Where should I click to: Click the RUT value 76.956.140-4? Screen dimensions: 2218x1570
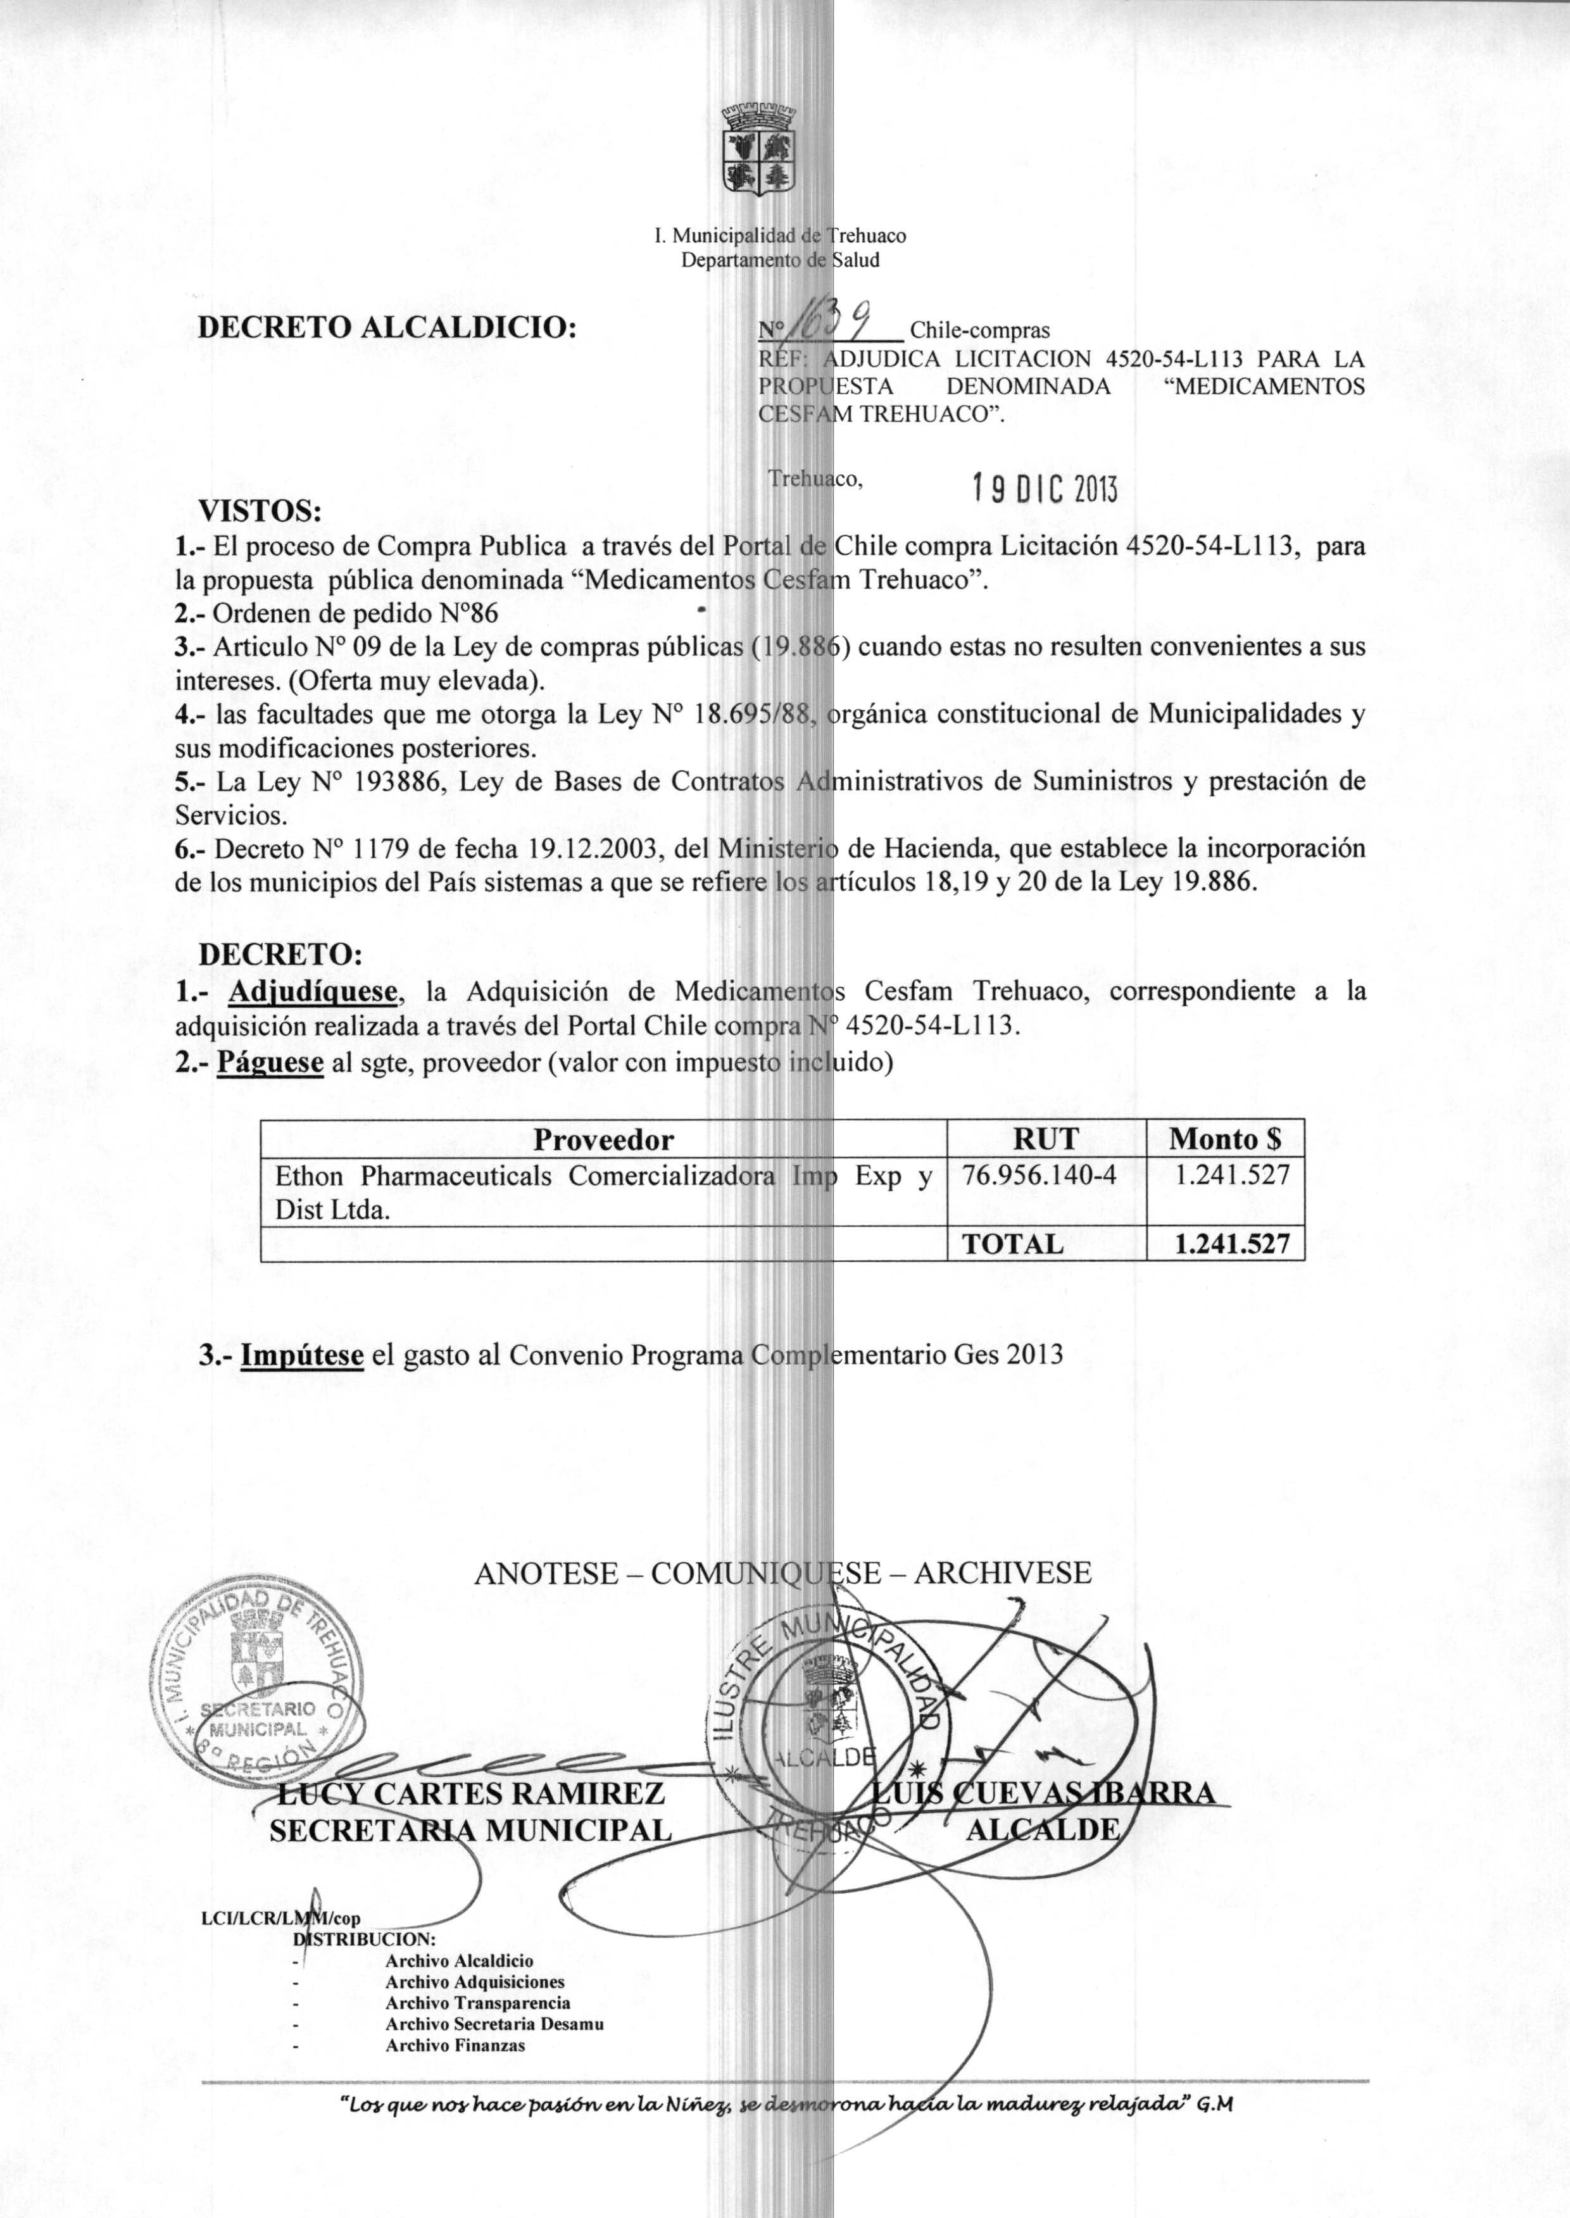(x=1039, y=1175)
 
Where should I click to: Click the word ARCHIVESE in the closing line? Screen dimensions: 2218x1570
(x=1003, y=1574)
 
